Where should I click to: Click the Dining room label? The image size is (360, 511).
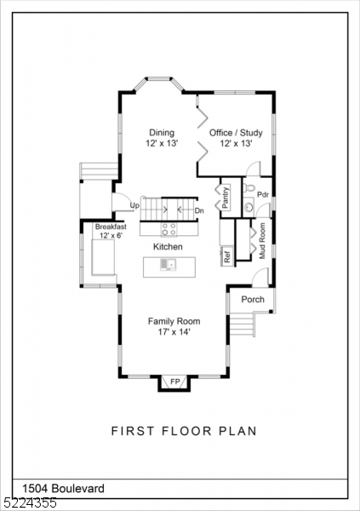162,133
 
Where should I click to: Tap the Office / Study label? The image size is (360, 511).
236,133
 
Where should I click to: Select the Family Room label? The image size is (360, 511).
174,321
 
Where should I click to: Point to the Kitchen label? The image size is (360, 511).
168,246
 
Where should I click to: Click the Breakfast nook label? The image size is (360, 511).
111,227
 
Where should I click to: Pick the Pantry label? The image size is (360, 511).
226,197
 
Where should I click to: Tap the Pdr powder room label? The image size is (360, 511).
263,194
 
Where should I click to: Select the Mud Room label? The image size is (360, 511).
263,240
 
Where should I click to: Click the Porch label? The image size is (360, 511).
253,300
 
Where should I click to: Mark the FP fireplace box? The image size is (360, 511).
174,382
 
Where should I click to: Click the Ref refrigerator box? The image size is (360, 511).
227,255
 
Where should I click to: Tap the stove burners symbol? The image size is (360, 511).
169,228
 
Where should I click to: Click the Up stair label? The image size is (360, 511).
134,206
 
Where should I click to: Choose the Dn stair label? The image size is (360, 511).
199,210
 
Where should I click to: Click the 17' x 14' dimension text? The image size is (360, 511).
174,332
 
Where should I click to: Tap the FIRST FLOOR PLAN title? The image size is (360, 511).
184,431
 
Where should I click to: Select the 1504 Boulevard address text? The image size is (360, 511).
53,488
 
